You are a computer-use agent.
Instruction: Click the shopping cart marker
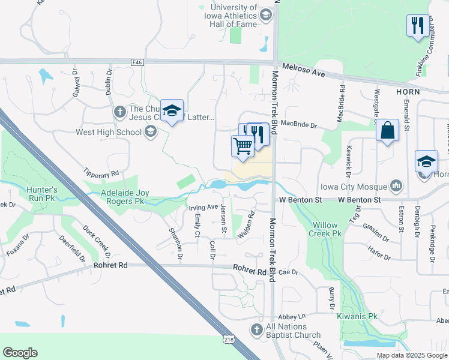coord(243,146)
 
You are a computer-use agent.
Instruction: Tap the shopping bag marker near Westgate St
coord(387,130)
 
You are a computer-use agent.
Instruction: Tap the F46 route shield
coord(137,61)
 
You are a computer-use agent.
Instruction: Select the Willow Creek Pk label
coord(325,229)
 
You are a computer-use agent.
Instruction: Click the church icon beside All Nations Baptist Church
coord(256,329)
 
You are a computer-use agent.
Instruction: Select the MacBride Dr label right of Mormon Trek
coord(298,125)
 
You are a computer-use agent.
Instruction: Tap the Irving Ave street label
coord(203,207)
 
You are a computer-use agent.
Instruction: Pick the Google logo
coord(20,353)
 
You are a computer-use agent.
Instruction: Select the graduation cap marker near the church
coord(172,110)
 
